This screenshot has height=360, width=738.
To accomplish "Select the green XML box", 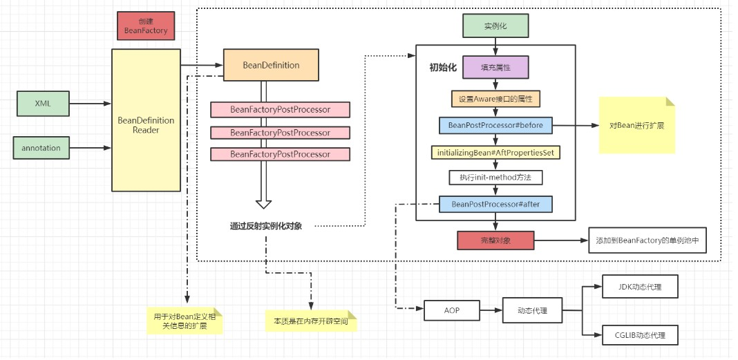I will coord(43,104).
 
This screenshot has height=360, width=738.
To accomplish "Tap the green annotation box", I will coord(41,148).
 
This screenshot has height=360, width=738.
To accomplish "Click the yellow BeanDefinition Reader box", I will coord(146,120).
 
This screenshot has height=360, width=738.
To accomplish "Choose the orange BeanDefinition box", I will coord(271,66).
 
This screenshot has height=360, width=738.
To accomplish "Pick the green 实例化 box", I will coord(495,26).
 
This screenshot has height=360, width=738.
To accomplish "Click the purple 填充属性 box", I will coord(495,68).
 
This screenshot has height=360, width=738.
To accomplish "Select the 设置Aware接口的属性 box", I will coord(495,99).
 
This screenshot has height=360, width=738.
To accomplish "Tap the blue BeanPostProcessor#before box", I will coord(495,126).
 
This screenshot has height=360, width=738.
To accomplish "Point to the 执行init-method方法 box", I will coord(495,178).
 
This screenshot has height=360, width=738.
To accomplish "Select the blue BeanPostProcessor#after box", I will coord(495,205).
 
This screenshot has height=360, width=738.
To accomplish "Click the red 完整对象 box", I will coord(495,240).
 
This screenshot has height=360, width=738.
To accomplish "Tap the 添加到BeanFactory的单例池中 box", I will coord(647,240).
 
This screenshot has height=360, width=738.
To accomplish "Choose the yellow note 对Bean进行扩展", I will coord(636,126).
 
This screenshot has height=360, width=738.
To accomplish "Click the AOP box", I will coord(452,311).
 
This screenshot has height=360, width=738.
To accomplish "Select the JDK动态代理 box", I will coord(639,286).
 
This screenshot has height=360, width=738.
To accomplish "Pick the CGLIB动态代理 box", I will coord(639,335).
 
